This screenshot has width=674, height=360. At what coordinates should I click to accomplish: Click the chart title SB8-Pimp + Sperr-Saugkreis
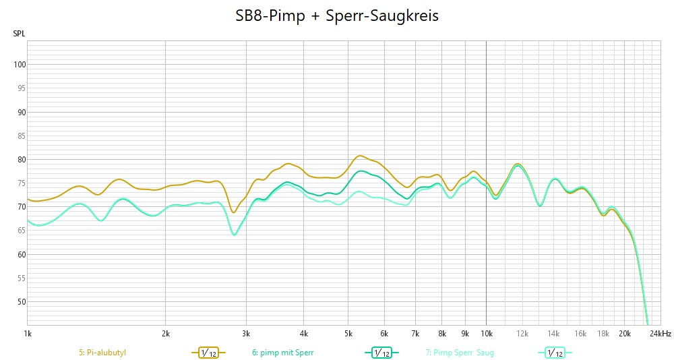(x=337, y=16)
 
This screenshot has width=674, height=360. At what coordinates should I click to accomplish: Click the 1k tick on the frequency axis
(x=28, y=333)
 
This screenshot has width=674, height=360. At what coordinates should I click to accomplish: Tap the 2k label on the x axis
(x=166, y=333)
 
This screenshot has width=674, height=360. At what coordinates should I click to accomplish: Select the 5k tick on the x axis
(x=348, y=333)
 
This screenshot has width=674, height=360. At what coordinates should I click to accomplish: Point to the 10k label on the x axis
(x=486, y=333)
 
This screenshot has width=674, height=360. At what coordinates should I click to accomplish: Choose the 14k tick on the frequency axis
(x=553, y=333)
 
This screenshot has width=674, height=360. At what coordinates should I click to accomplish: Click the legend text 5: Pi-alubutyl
(x=102, y=352)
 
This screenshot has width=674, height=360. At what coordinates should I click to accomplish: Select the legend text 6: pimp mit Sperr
(x=282, y=352)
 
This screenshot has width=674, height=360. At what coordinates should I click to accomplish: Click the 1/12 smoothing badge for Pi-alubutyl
(x=208, y=353)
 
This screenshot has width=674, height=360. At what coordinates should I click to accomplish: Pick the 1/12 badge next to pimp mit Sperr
(x=381, y=353)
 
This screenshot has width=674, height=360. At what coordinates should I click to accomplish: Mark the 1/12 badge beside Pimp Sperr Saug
(x=555, y=353)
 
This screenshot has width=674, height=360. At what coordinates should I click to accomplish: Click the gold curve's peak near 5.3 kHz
(x=360, y=156)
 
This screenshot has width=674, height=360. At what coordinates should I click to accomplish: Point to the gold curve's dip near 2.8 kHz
(x=234, y=212)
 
